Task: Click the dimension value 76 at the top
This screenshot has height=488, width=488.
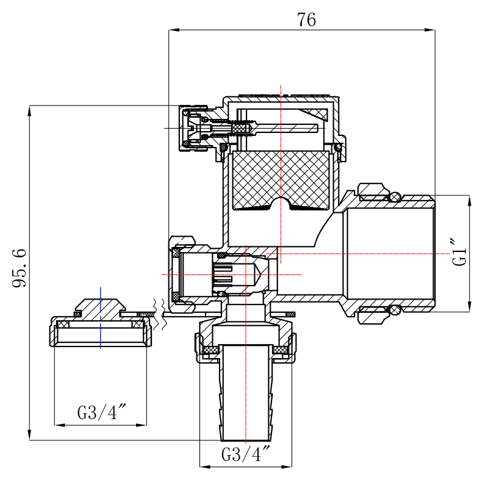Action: pyautogui.click(x=307, y=20)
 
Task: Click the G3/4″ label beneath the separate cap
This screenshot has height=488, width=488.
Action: pyautogui.click(x=101, y=413)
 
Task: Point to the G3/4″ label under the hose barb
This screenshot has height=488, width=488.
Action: pyautogui.click(x=245, y=454)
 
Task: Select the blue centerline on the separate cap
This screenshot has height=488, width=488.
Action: pyautogui.click(x=101, y=317)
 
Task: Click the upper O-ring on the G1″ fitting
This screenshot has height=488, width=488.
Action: pyautogui.click(x=395, y=197)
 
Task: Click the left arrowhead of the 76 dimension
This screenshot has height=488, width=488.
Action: pyautogui.click(x=172, y=29)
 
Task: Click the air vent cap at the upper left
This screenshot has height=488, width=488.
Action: pyautogui.click(x=190, y=129)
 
